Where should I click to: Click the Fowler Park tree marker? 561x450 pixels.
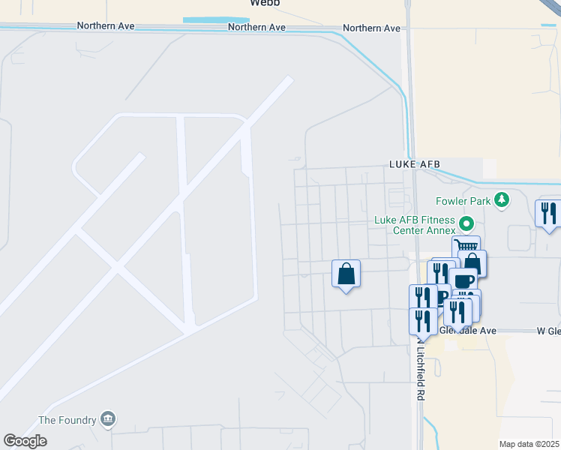pyautogui.click(x=502, y=200)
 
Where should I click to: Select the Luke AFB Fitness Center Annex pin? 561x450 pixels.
pyautogui.click(x=466, y=223)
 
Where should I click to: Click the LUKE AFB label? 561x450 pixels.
pyautogui.click(x=414, y=163)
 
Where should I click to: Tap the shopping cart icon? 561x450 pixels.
pyautogui.click(x=466, y=247)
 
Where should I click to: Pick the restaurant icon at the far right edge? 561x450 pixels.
pyautogui.click(x=549, y=213)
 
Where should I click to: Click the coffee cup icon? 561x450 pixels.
pyautogui.click(x=463, y=281)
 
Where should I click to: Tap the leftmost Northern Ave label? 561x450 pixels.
pyautogui.click(x=106, y=25)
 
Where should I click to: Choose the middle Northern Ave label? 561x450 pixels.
pyautogui.click(x=257, y=27)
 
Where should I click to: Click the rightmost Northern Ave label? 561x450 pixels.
pyautogui.click(x=371, y=28)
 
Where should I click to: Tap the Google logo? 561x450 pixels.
pyautogui.click(x=25, y=441)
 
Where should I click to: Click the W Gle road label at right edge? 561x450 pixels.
pyautogui.click(x=548, y=331)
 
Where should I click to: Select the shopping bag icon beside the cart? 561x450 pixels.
pyautogui.click(x=472, y=263)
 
